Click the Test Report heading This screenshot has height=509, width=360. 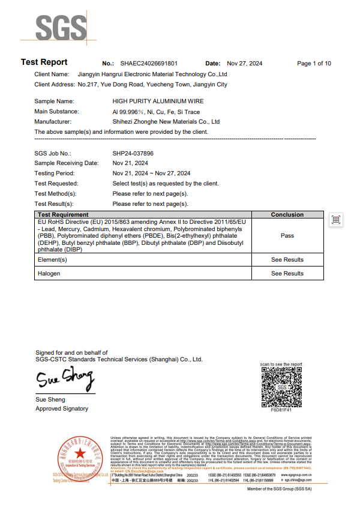click(44, 62)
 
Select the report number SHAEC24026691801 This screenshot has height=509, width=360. click(149, 63)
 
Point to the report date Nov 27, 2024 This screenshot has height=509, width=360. click(244, 63)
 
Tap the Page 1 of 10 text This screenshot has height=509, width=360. click(314, 63)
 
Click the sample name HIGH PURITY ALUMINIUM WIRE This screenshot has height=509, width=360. click(157, 103)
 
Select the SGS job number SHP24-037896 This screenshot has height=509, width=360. click(133, 154)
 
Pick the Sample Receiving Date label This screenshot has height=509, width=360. click(66, 163)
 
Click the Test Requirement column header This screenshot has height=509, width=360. click(63, 214)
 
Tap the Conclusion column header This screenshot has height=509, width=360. click(287, 214)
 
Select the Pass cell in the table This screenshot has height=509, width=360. click(287, 236)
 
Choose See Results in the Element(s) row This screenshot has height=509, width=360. click(287, 260)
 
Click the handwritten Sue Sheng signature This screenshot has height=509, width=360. click(65, 379)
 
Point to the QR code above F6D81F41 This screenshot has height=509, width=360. click(281, 387)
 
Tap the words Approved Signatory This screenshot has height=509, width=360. click(62, 409)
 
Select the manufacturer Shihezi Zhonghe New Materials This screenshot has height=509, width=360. click(166, 121)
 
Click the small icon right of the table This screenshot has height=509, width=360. click(336, 220)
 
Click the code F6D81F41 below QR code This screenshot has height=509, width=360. click(281, 411)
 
